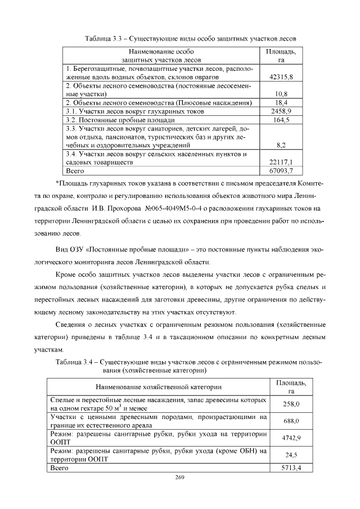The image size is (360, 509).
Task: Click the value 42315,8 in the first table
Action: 281,76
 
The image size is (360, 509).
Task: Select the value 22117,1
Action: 281,163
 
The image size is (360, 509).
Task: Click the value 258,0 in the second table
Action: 290,404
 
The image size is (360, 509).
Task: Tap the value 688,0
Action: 290,421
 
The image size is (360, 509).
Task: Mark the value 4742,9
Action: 290,438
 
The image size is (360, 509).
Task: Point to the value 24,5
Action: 290,454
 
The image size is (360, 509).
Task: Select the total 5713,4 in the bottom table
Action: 290,467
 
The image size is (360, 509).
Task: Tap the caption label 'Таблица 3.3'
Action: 103,38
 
